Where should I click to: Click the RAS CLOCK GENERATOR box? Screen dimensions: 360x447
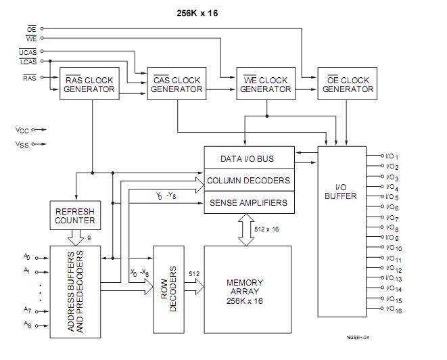(x=88, y=85)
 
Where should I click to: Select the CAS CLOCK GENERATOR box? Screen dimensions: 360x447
(x=177, y=85)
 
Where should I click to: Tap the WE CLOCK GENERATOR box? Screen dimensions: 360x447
(x=264, y=85)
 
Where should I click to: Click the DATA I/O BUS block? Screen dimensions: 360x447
(x=248, y=159)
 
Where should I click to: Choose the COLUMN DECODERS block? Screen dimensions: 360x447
(x=248, y=181)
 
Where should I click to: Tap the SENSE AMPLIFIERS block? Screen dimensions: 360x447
(x=248, y=202)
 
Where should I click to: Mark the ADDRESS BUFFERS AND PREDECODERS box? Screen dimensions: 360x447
(x=76, y=292)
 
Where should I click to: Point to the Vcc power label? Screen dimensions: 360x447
(x=22, y=129)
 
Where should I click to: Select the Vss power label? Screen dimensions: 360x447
(x=22, y=143)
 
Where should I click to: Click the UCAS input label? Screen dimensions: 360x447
(x=28, y=51)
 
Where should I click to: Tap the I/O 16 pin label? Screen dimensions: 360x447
(x=392, y=310)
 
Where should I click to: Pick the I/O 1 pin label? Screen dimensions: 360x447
(x=392, y=156)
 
